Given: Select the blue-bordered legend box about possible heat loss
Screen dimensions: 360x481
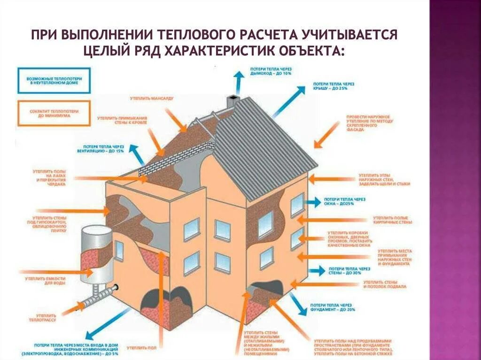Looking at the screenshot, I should pos(54,80).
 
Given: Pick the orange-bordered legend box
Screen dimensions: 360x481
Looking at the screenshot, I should pos(54,113).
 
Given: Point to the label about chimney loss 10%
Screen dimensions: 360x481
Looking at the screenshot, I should pos(271,72).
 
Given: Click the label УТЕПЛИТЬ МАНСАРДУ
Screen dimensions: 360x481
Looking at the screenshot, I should pos(152,99).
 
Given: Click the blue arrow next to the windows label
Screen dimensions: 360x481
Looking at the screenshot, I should pos(311,202).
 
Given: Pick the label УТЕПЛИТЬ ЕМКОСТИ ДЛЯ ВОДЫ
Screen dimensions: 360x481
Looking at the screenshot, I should pos(45,281).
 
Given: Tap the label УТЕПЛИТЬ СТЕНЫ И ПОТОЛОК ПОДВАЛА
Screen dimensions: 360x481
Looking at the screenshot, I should pos(385,284).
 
